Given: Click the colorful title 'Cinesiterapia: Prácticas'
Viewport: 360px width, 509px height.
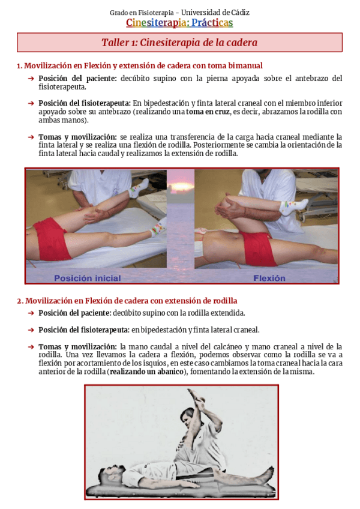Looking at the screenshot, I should coord(179,23).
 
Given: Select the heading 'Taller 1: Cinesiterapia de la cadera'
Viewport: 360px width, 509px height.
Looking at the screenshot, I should coord(179,43).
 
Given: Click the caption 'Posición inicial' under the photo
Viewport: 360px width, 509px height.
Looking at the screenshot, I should coord(88,278).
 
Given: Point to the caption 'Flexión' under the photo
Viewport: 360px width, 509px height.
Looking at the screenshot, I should coord(269,278).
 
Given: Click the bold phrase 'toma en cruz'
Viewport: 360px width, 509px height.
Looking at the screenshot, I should coord(208,111).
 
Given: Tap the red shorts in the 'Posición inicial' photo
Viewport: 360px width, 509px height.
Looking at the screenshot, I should coord(53,239).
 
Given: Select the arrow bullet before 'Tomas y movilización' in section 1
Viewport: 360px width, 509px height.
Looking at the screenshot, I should coord(31,137).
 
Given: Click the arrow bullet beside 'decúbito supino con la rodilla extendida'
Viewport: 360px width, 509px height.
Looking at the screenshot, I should coord(31,313).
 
